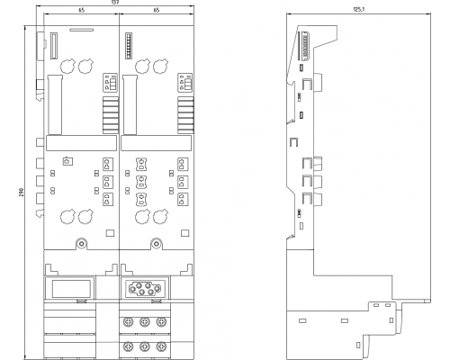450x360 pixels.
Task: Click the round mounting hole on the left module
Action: [82, 242]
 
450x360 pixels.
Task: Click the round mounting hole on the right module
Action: [157, 242]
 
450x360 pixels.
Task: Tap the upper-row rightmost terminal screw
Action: [162, 321]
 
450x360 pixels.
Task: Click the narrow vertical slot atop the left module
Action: [52, 45]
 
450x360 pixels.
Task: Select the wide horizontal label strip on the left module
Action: [81, 141]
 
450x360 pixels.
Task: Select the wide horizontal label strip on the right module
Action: [157, 141]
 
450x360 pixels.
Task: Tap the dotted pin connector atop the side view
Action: [312, 45]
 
